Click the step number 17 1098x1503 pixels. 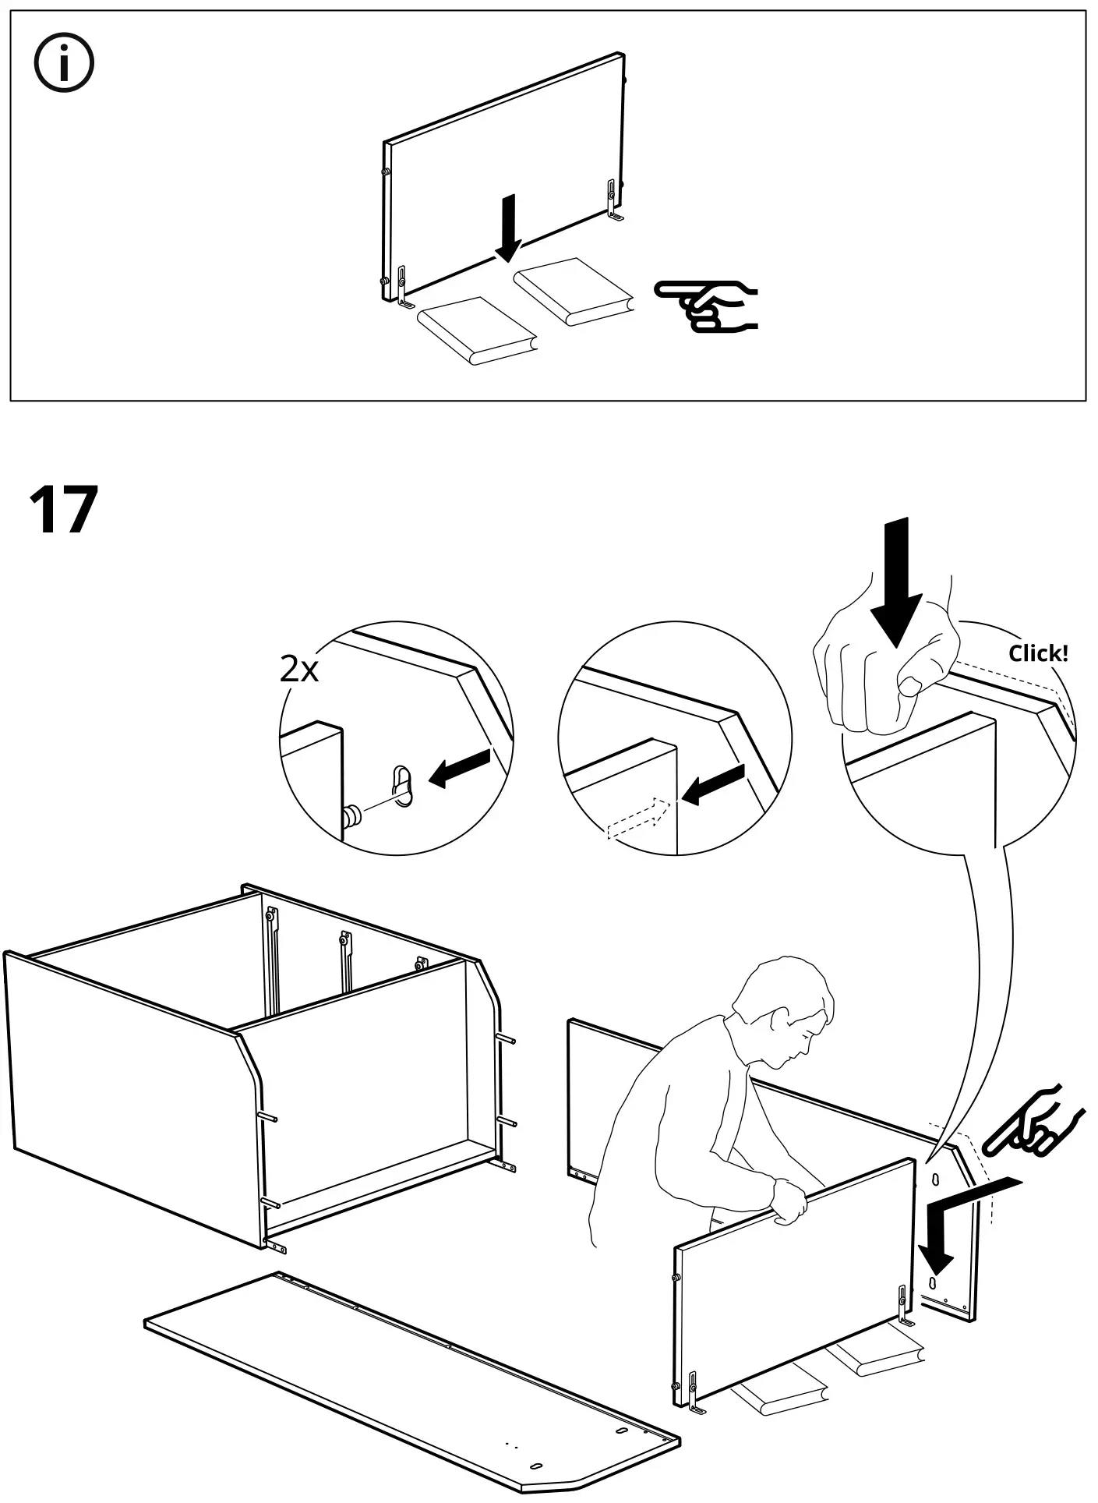[63, 510]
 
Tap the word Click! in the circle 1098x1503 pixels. [1037, 653]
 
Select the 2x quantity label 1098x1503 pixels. [298, 669]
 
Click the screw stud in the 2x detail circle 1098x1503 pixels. [353, 818]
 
